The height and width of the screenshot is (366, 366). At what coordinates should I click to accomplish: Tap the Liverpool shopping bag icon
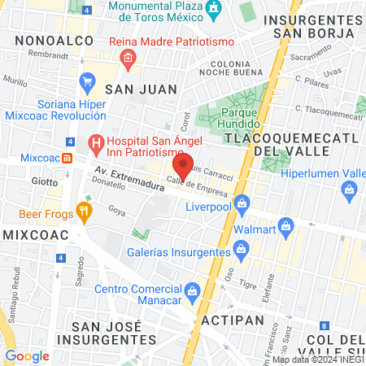tap(241, 203)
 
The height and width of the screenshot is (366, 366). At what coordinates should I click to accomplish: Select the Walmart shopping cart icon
tap(285, 225)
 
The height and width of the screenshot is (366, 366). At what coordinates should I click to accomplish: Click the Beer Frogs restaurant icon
tap(85, 214)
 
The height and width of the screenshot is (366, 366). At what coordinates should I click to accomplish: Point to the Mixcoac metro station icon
tap(68, 156)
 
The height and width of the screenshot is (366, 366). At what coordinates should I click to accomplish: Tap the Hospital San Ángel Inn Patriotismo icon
tap(96, 145)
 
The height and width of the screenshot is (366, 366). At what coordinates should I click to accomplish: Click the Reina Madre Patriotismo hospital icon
tap(128, 58)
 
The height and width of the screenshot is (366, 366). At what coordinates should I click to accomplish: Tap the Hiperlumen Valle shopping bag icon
tap(349, 190)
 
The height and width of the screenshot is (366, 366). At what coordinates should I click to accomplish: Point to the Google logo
tap(27, 355)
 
